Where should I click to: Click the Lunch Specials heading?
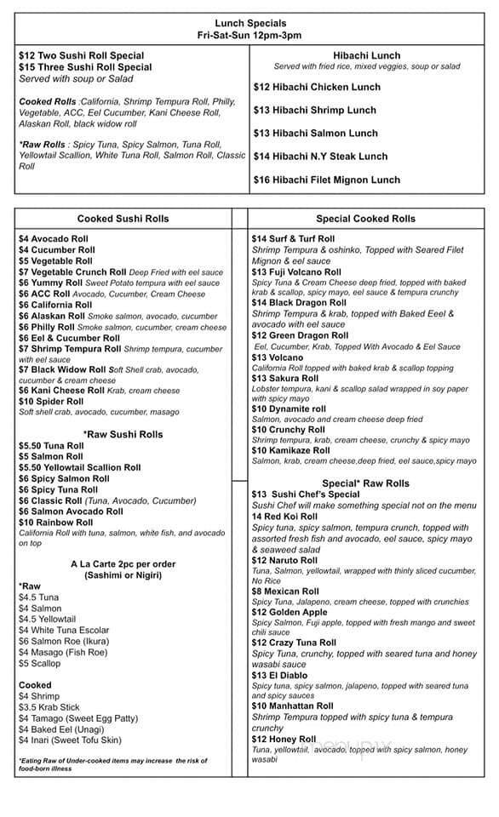click(x=249, y=23)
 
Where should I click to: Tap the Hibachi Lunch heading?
click(x=367, y=55)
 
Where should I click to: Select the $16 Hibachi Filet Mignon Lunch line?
click(x=326, y=180)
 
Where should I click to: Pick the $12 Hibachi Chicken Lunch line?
click(x=317, y=87)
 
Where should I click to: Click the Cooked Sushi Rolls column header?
click(x=123, y=219)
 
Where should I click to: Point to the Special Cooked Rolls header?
click(x=365, y=219)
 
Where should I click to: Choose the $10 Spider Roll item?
click(x=51, y=402)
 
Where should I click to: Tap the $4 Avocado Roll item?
click(x=52, y=239)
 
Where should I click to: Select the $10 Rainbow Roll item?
click(x=56, y=523)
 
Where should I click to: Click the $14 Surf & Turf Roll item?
click(x=294, y=239)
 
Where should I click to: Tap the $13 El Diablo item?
click(x=281, y=675)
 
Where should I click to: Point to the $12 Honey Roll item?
click(x=284, y=740)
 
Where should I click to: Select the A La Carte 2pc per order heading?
click(x=123, y=564)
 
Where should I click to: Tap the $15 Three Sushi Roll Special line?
click(x=85, y=66)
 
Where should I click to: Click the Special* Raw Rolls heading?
click(x=365, y=483)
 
